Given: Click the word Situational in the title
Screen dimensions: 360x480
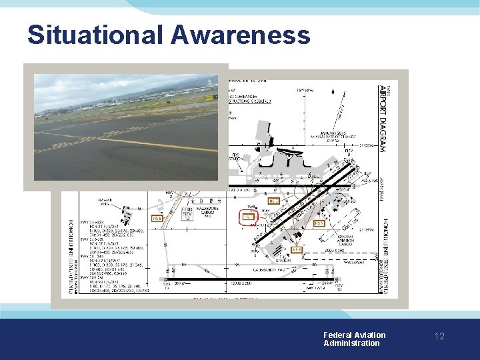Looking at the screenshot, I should (93, 35).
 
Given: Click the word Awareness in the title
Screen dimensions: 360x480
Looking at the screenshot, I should (241, 35).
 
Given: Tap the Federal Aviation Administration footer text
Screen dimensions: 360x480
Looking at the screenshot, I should (354, 339).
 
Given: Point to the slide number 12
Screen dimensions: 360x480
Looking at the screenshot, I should (439, 337).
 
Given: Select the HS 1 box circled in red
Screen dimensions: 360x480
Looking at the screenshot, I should (247, 217).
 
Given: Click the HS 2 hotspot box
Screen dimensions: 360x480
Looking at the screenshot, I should (273, 201).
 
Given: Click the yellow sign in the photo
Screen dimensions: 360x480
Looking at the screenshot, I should (209, 97).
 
